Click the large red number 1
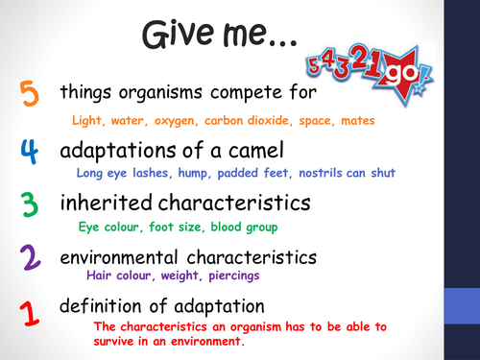29,313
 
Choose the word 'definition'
101,306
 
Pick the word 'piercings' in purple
224,276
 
